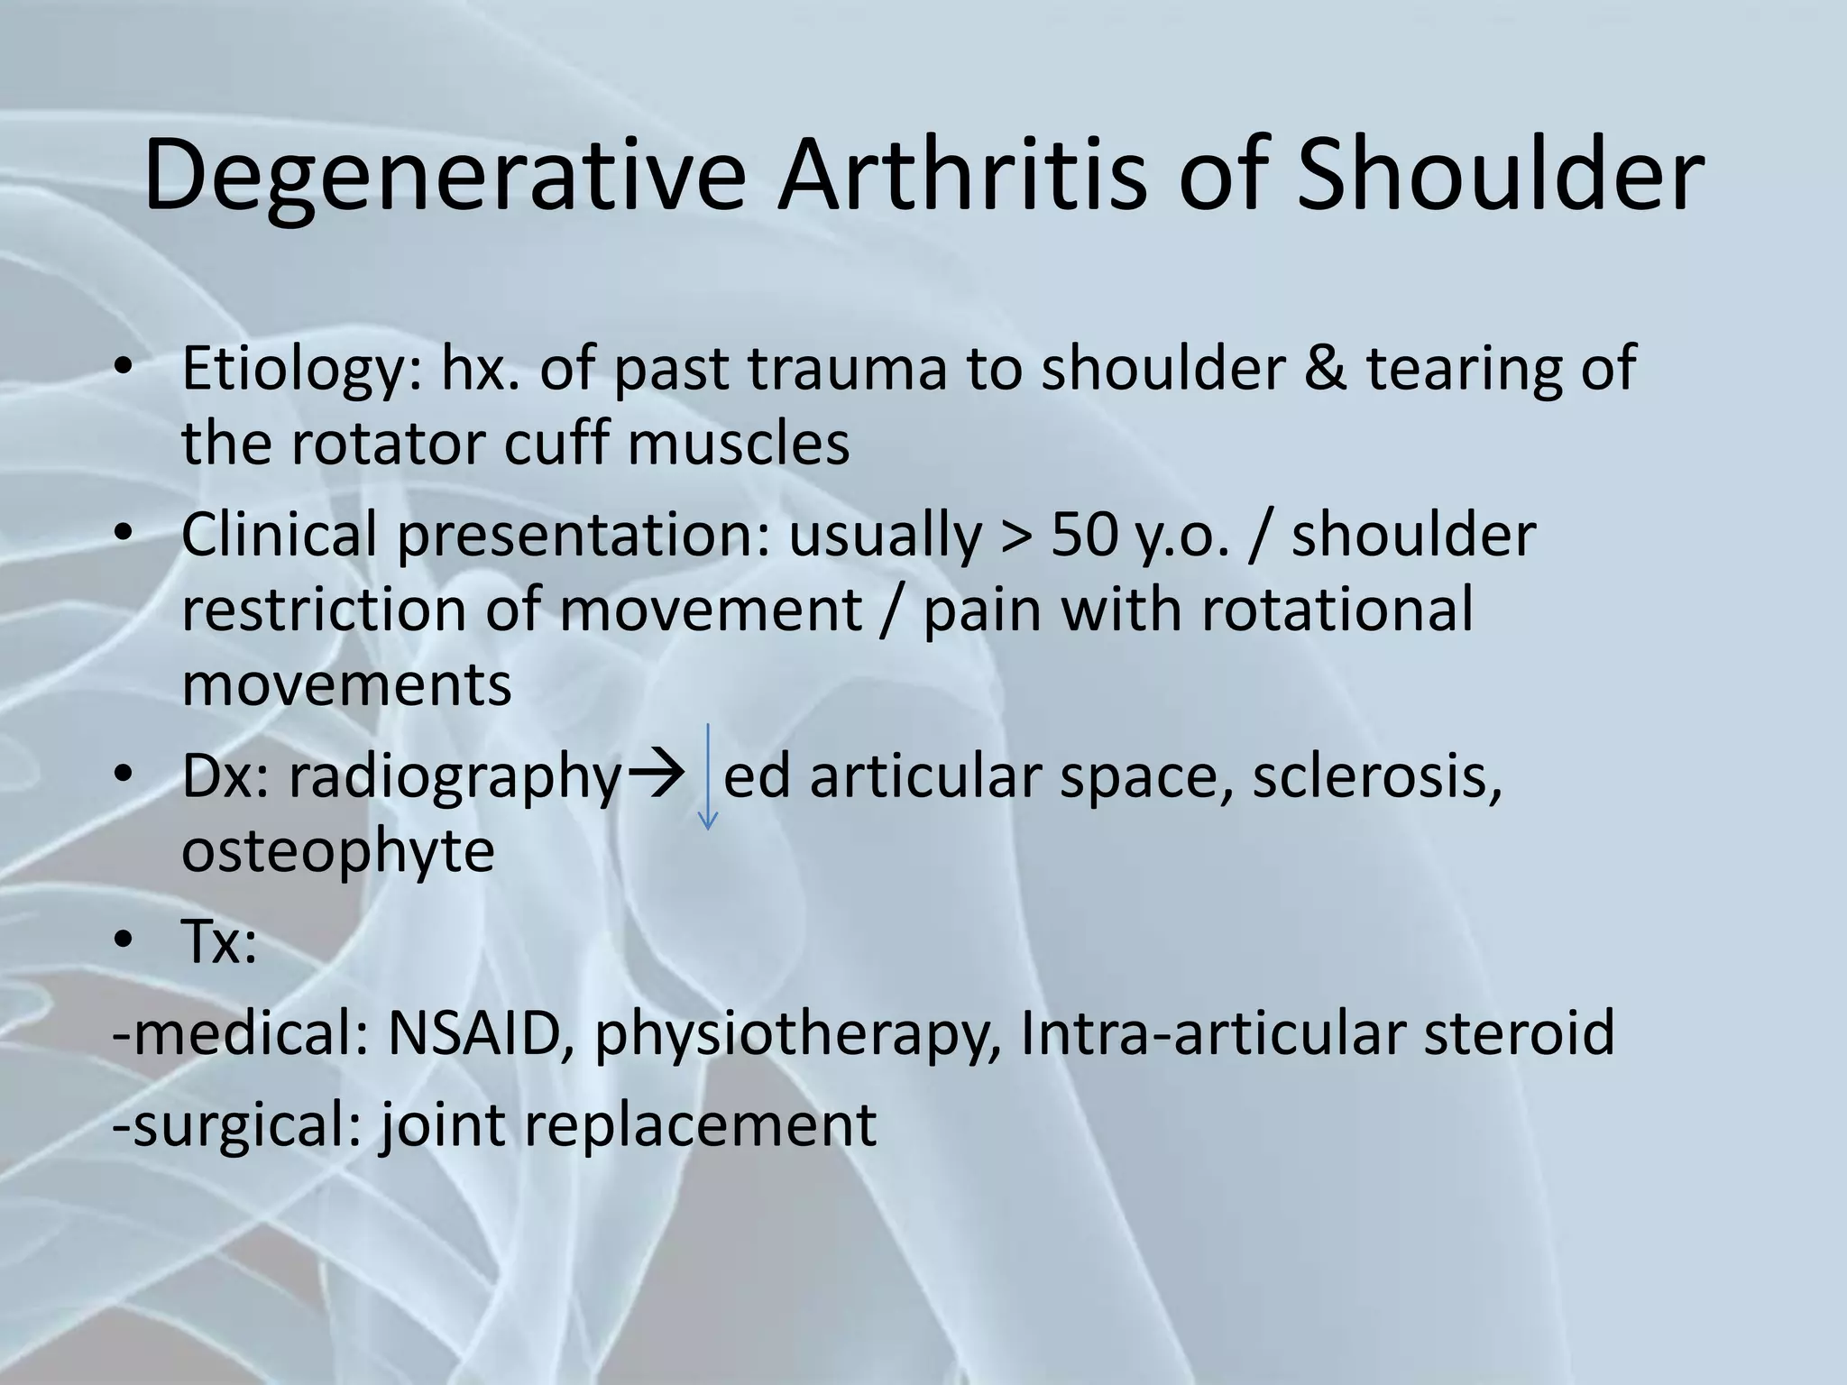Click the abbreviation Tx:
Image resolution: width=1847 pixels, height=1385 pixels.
(219, 943)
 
